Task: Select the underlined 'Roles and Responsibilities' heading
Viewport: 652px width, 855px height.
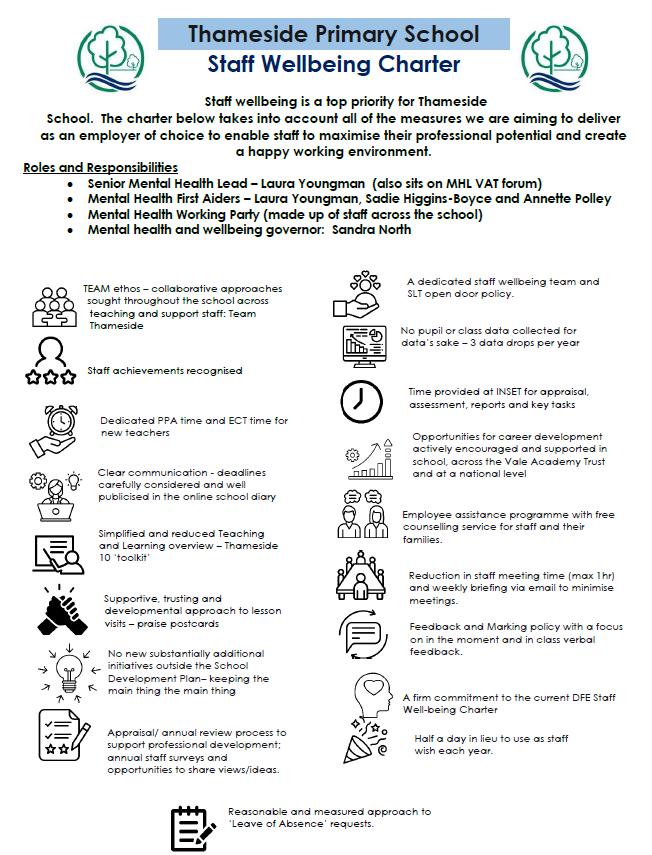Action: (x=100, y=167)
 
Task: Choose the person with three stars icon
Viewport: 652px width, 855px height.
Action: (x=52, y=361)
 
